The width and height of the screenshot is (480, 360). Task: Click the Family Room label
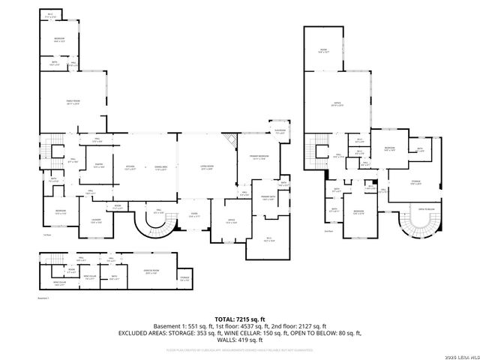point(73,103)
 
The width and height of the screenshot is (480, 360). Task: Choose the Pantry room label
point(98,166)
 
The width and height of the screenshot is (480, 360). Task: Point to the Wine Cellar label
point(88,277)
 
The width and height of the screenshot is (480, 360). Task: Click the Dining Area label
point(160,167)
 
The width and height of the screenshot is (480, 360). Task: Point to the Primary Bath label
point(267,198)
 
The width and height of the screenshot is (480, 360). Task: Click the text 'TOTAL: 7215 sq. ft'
point(241,319)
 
